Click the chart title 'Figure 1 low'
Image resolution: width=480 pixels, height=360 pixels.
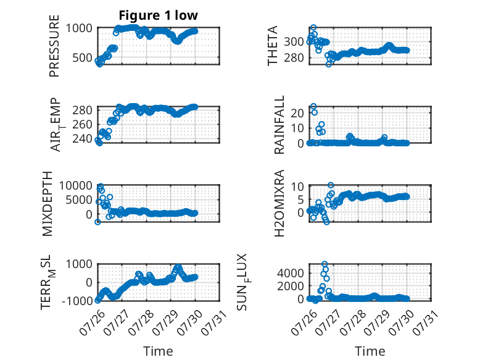(159, 15)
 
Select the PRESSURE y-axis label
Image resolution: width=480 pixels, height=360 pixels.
(54, 46)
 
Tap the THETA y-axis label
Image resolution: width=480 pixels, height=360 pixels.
(272, 46)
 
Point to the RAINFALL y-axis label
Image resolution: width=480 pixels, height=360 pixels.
(279, 125)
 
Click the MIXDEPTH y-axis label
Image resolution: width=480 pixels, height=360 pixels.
(48, 204)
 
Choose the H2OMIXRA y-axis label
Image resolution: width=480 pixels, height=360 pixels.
(279, 203)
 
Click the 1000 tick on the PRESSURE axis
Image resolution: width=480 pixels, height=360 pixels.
(79, 28)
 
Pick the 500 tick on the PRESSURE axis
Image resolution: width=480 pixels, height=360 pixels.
(82, 57)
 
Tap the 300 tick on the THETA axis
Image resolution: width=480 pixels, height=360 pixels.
(294, 41)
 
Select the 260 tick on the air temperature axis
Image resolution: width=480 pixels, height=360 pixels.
(82, 124)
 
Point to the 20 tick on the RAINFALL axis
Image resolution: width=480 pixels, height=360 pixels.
(297, 113)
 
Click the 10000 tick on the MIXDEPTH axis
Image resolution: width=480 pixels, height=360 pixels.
(76, 185)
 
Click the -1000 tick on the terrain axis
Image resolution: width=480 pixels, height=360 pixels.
(77, 301)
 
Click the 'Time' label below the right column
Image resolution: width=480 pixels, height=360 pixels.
(370, 351)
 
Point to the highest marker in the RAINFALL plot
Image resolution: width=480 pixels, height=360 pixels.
(313, 106)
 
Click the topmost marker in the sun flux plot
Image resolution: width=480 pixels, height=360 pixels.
(325, 264)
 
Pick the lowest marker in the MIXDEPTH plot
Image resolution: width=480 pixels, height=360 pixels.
(97, 222)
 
